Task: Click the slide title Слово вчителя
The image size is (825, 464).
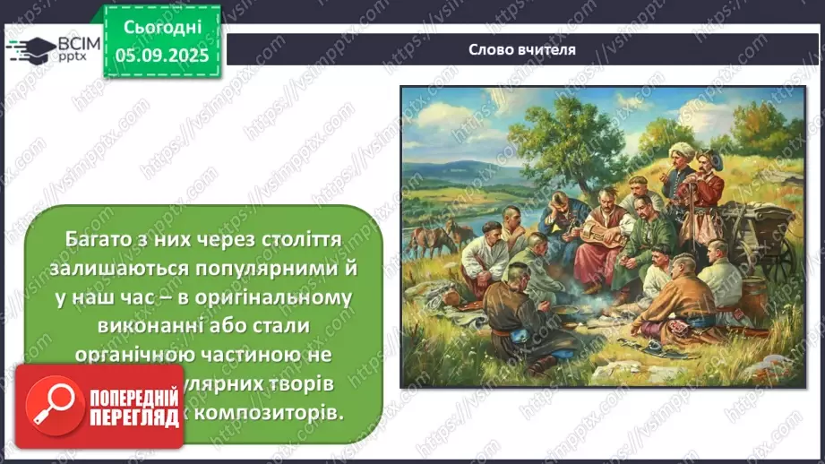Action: tap(521, 49)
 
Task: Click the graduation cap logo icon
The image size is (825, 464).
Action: tap(31, 48)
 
